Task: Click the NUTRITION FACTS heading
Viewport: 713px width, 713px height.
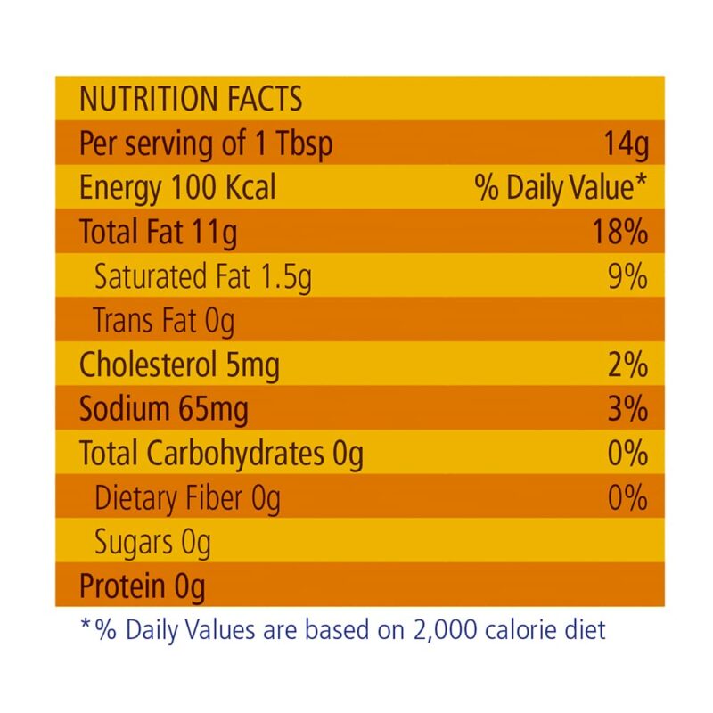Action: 191,99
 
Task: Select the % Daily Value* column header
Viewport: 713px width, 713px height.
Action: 561,188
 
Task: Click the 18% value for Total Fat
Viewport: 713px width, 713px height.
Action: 619,233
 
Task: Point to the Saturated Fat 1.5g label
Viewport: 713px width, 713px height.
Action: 203,277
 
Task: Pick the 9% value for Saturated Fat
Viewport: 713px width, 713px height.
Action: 627,277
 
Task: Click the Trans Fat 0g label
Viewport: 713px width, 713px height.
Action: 165,321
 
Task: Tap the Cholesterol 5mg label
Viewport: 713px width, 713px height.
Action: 179,365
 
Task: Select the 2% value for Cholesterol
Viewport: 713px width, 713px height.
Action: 627,365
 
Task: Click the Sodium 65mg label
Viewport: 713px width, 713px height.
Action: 164,410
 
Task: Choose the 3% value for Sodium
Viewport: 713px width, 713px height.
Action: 627,410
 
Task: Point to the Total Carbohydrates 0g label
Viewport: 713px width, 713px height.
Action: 221,455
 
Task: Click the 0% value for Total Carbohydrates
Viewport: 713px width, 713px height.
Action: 627,455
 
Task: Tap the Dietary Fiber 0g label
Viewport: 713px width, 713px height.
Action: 187,498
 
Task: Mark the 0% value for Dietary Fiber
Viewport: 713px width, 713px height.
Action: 627,498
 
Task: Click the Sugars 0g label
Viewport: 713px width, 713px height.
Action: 152,543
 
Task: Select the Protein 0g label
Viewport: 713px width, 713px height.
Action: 143,586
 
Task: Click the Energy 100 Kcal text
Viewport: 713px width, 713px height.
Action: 177,188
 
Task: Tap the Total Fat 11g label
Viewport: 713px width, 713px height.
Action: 159,233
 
